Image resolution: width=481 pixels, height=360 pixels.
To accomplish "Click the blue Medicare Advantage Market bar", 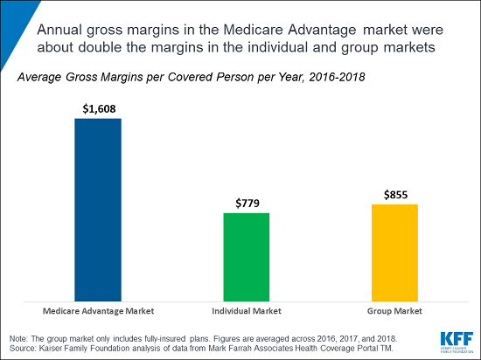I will (x=97, y=210).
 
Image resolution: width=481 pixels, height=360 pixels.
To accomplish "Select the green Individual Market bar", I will (x=247, y=257).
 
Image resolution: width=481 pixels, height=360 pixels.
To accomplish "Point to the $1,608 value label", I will (x=97, y=108).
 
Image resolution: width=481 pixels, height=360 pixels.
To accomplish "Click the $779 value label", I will (x=247, y=203).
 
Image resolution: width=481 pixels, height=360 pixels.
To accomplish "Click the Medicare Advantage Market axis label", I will (x=97, y=311).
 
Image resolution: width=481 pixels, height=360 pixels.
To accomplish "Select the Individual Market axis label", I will (x=247, y=311).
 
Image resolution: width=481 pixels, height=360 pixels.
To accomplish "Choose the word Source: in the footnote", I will (x=21, y=347).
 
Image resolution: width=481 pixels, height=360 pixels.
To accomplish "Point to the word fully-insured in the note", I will (x=151, y=337).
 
